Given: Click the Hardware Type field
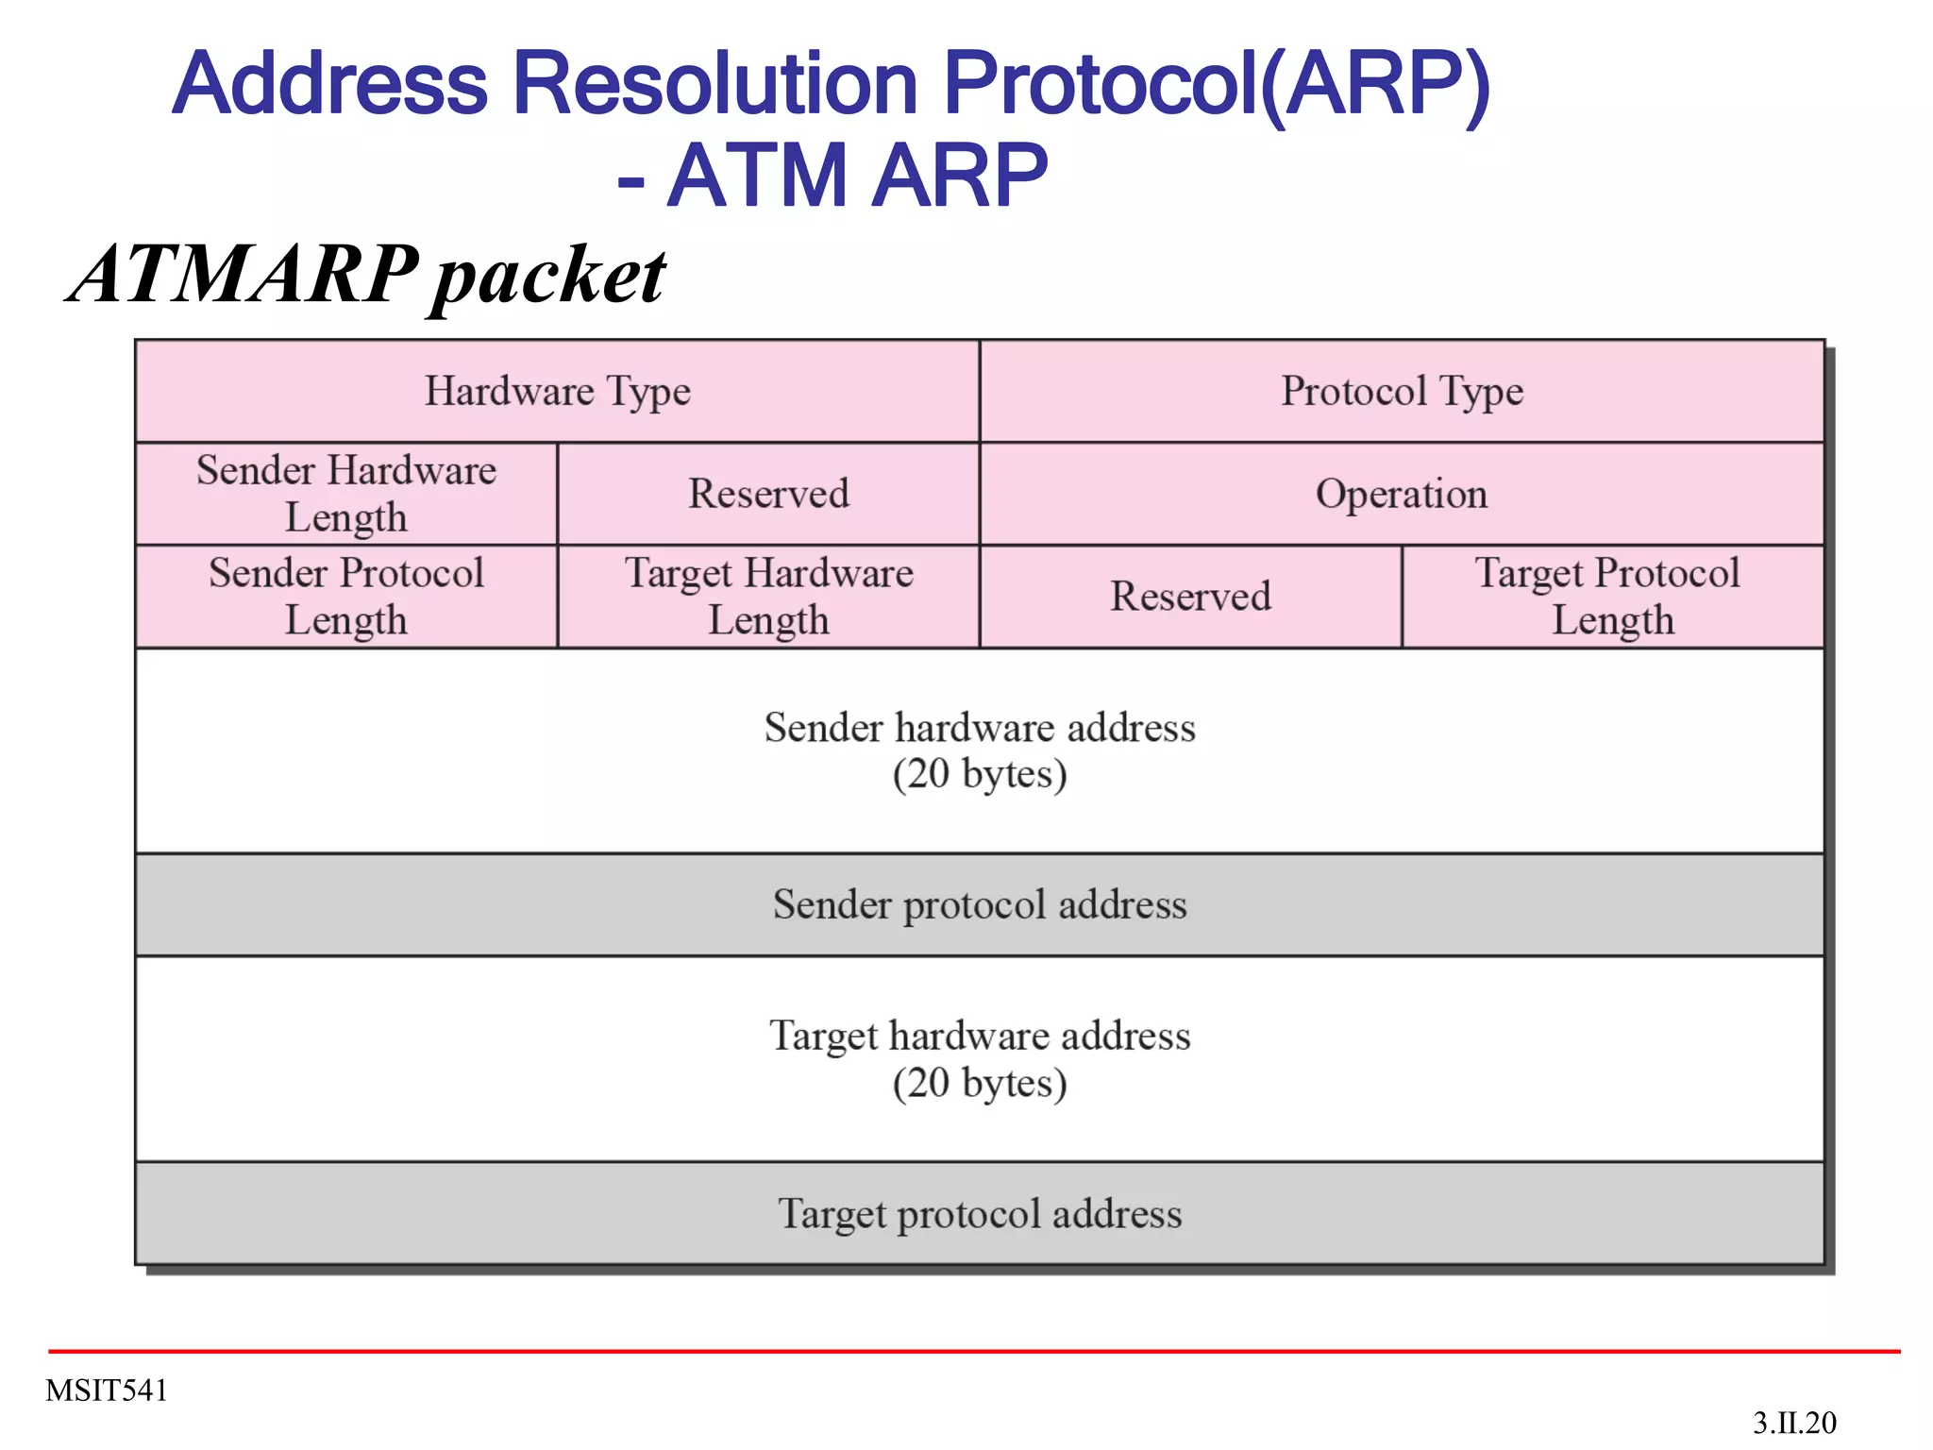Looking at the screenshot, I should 557,391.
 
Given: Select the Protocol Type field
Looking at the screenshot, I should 1402,391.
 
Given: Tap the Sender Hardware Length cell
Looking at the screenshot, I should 346,494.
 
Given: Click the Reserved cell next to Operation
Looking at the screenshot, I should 768,494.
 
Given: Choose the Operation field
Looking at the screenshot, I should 1402,494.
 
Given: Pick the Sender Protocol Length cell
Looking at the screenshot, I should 346,597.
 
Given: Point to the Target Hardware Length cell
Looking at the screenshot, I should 768,597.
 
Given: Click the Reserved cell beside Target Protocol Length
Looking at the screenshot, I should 1190,597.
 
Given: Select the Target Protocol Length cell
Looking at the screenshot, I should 1612,597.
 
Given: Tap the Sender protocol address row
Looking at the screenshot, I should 980,904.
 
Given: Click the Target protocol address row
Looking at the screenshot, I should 980,1213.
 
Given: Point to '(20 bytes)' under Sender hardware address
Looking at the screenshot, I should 980,774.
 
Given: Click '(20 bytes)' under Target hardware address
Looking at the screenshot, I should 980,1083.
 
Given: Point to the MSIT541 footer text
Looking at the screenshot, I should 107,1391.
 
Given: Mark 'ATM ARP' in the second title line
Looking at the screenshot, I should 857,176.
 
